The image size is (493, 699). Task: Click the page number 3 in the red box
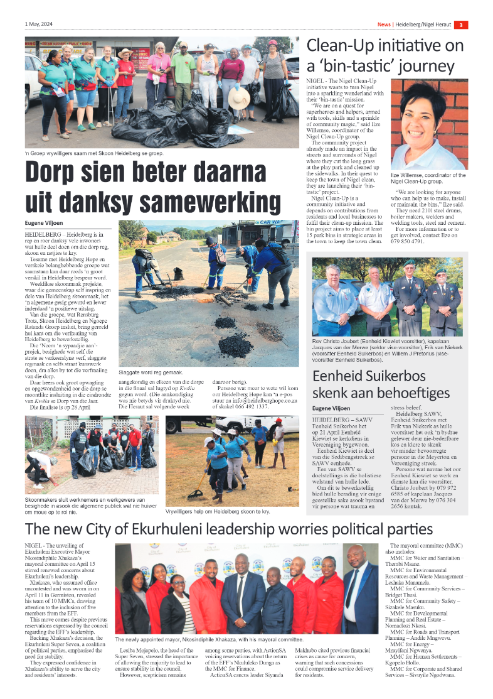(460, 24)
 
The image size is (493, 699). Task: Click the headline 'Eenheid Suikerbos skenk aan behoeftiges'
(381, 384)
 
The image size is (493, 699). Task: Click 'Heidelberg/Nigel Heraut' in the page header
(423, 24)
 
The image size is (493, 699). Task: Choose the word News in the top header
(384, 24)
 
